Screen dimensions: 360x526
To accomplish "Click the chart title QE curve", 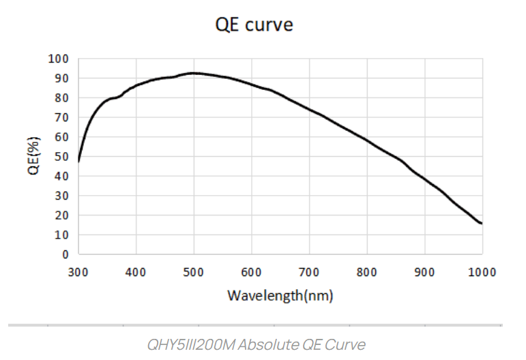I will (x=254, y=25).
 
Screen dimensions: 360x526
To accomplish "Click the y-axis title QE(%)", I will (x=33, y=156).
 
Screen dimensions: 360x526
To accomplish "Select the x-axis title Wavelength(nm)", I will (x=280, y=296).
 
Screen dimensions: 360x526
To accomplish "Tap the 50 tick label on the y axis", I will (x=62, y=157).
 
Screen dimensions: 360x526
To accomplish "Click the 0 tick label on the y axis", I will (x=65, y=254).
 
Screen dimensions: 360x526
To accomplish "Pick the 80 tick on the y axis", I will (x=62, y=97).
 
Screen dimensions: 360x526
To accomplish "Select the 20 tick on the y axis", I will (x=62, y=215).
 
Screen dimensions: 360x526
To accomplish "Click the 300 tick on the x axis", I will (x=78, y=271).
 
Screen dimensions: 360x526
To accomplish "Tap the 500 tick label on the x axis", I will (x=194, y=271).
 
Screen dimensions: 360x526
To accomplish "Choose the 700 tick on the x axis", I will (x=310, y=271).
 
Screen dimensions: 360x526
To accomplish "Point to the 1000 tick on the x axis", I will (x=482, y=271).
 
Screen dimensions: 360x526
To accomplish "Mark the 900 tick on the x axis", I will (x=425, y=271).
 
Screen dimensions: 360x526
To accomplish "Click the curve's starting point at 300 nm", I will (x=79, y=161).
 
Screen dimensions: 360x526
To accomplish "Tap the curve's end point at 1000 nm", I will (x=482, y=223).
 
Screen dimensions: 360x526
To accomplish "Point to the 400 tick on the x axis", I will (x=136, y=271).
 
